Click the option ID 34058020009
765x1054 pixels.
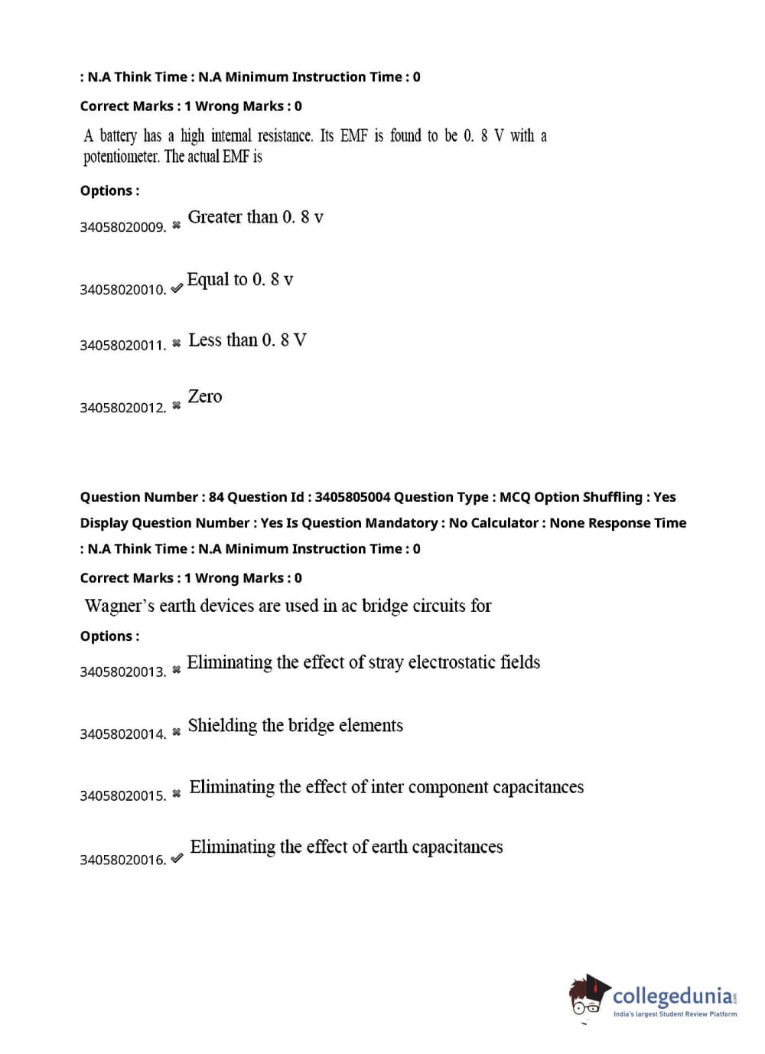point(122,227)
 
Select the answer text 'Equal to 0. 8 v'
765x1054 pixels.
point(239,280)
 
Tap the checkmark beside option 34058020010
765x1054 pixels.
point(177,288)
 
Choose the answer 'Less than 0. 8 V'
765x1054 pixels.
point(247,340)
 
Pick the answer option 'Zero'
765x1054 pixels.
point(205,397)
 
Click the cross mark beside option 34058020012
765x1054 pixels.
point(177,405)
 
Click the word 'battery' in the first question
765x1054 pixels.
point(118,136)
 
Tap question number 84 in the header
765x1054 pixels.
point(216,497)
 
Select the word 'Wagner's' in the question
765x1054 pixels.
point(119,606)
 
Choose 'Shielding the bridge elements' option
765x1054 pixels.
point(295,726)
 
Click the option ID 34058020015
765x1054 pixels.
point(122,796)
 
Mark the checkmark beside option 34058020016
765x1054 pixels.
point(177,858)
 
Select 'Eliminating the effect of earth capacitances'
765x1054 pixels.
point(347,847)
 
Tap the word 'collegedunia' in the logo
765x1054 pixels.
point(672,996)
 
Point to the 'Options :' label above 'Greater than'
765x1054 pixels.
point(109,190)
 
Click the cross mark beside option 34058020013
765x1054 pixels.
point(177,670)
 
